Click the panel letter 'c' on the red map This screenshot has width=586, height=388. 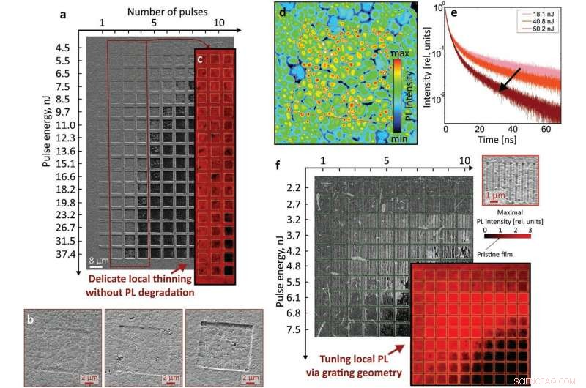tap(201, 61)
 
